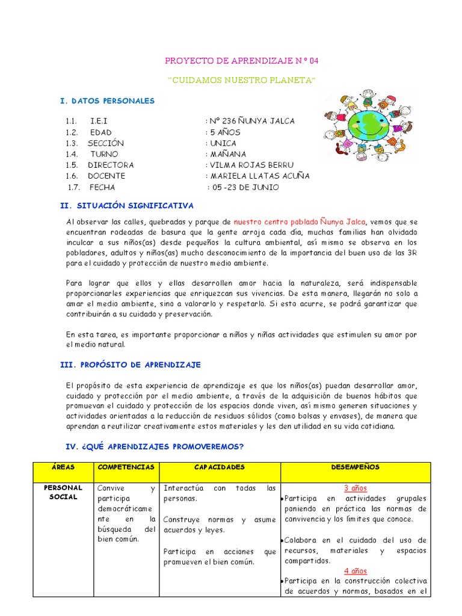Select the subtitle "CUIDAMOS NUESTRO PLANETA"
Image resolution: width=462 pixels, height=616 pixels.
(x=241, y=81)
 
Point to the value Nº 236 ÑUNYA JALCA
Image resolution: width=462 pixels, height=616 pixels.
(x=251, y=121)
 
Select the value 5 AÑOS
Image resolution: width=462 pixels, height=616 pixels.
(x=225, y=132)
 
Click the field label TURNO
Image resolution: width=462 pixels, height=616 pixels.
(x=104, y=154)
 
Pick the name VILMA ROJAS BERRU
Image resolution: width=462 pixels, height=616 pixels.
(x=251, y=165)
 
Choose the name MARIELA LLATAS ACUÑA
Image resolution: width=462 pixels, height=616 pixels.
(x=259, y=176)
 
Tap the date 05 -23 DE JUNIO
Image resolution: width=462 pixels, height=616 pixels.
(x=245, y=187)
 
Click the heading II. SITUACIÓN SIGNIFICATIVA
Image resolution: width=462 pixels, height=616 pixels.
(x=128, y=205)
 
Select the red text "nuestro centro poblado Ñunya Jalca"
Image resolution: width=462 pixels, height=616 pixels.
(x=299, y=221)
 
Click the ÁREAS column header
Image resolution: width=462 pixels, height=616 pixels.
(x=62, y=467)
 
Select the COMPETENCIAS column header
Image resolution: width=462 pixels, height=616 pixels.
(x=126, y=467)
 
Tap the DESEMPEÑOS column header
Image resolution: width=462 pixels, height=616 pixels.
(x=355, y=467)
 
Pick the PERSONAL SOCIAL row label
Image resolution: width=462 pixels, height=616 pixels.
(x=62, y=492)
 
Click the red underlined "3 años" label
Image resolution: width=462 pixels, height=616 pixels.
(x=355, y=488)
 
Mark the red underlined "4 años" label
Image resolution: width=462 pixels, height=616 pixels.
(x=355, y=571)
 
